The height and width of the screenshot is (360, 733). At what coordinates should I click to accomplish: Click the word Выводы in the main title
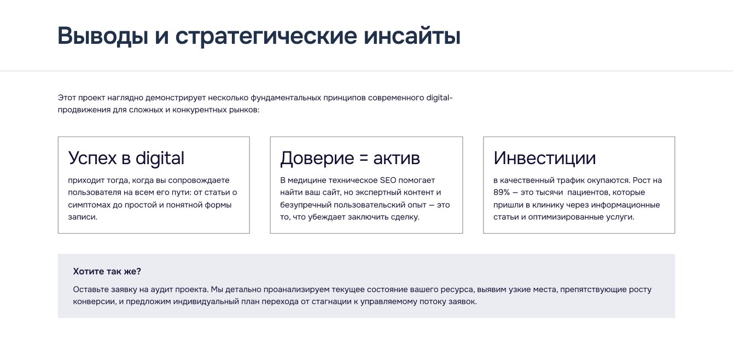click(x=103, y=36)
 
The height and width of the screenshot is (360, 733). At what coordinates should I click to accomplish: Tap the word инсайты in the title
click(x=412, y=36)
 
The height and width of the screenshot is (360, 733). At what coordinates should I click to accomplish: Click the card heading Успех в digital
click(x=126, y=159)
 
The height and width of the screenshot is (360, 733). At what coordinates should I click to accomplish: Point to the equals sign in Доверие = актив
click(x=364, y=159)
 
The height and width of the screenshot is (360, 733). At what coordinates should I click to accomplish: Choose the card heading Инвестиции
click(x=544, y=158)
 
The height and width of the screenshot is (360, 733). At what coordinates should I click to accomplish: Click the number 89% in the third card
click(x=502, y=193)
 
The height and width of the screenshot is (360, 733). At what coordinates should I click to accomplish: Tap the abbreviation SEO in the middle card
click(x=388, y=181)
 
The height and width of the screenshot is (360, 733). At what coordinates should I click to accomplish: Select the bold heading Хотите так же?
click(x=107, y=271)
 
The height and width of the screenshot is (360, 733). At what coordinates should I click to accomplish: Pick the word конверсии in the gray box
click(x=95, y=302)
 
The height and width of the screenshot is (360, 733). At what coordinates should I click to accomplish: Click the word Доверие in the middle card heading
click(x=317, y=159)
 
